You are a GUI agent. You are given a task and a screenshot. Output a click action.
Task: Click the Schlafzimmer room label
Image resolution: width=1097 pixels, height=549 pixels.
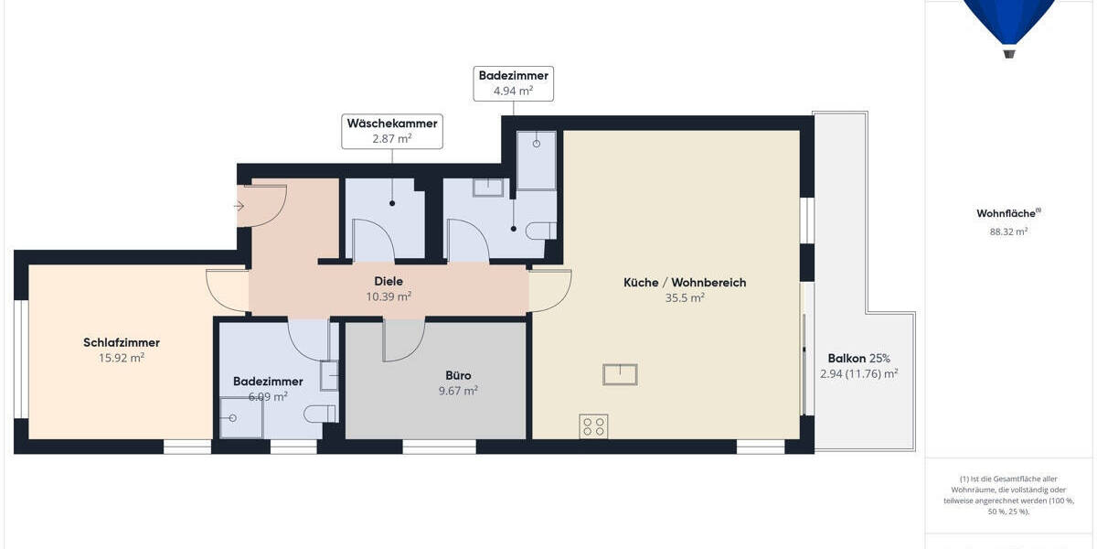(x=122, y=342)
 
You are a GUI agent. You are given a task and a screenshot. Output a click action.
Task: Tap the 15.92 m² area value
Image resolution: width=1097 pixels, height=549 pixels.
(x=122, y=358)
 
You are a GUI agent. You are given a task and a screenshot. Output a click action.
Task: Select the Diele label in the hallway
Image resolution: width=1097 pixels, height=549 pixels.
(x=389, y=282)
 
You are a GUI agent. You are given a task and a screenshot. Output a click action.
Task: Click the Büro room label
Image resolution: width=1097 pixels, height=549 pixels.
(x=458, y=375)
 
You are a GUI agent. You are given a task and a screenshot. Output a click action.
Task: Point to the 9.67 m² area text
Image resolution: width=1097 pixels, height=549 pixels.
(x=458, y=391)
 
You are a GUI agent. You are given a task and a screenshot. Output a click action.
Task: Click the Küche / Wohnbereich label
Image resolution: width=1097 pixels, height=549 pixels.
(x=685, y=283)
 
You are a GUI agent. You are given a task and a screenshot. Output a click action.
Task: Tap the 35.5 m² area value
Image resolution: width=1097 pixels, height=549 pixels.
(x=685, y=298)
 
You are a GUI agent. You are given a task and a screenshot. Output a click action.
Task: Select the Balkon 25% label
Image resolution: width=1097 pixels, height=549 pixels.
(x=859, y=358)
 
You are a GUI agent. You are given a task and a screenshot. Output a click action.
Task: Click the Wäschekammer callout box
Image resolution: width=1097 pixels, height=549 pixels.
(x=392, y=131)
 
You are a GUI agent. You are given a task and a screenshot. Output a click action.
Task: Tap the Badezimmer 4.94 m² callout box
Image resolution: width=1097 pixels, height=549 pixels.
(x=513, y=83)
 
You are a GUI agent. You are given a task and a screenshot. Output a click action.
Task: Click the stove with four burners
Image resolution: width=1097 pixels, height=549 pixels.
(x=593, y=426)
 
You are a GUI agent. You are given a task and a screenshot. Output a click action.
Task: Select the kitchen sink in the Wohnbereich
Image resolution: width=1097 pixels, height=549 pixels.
(x=620, y=374)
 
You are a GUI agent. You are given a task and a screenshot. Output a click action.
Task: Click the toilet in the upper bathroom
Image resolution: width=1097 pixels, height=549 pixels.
(x=544, y=230)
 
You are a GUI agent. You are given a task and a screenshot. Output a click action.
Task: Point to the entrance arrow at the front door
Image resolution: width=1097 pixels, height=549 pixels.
(x=240, y=207)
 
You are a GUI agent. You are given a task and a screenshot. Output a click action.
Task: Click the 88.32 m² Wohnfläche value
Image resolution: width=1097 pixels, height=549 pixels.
(x=1008, y=232)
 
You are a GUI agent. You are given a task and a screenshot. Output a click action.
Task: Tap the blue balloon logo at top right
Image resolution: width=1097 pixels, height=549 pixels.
(x=1008, y=23)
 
